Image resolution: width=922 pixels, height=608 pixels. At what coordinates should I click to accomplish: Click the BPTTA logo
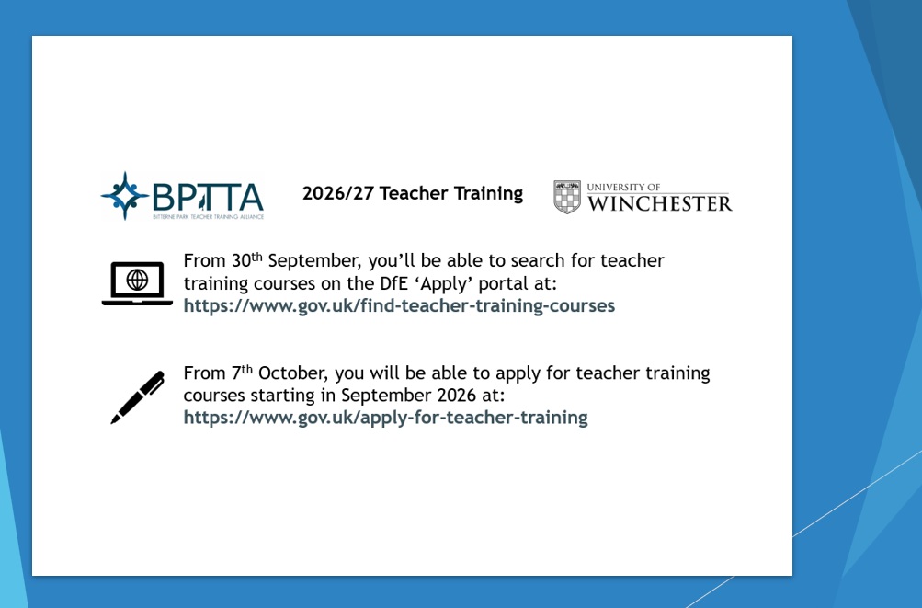click(x=182, y=196)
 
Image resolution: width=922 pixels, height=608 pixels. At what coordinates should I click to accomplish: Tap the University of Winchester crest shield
click(x=567, y=197)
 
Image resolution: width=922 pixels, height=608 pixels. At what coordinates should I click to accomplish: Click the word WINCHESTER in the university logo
click(x=659, y=203)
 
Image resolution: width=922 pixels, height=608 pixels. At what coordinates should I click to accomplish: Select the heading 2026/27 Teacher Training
click(x=412, y=194)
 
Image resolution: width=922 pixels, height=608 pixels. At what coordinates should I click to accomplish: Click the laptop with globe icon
click(x=137, y=283)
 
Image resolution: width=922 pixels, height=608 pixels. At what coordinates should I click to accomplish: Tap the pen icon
click(x=138, y=397)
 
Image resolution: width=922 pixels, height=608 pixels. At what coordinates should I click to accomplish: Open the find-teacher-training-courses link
click(x=399, y=305)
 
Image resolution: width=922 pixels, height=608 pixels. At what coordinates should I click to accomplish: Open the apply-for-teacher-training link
click(x=385, y=418)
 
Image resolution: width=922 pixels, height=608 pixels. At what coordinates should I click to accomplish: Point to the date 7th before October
click(x=241, y=373)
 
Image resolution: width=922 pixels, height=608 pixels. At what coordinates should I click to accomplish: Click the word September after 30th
click(x=307, y=261)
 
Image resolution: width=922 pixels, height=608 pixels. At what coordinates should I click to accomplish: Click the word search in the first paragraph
click(x=536, y=261)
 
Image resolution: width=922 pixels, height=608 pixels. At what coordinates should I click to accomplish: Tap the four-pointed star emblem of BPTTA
click(x=125, y=195)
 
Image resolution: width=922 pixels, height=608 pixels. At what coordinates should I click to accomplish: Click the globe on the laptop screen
click(x=137, y=278)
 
